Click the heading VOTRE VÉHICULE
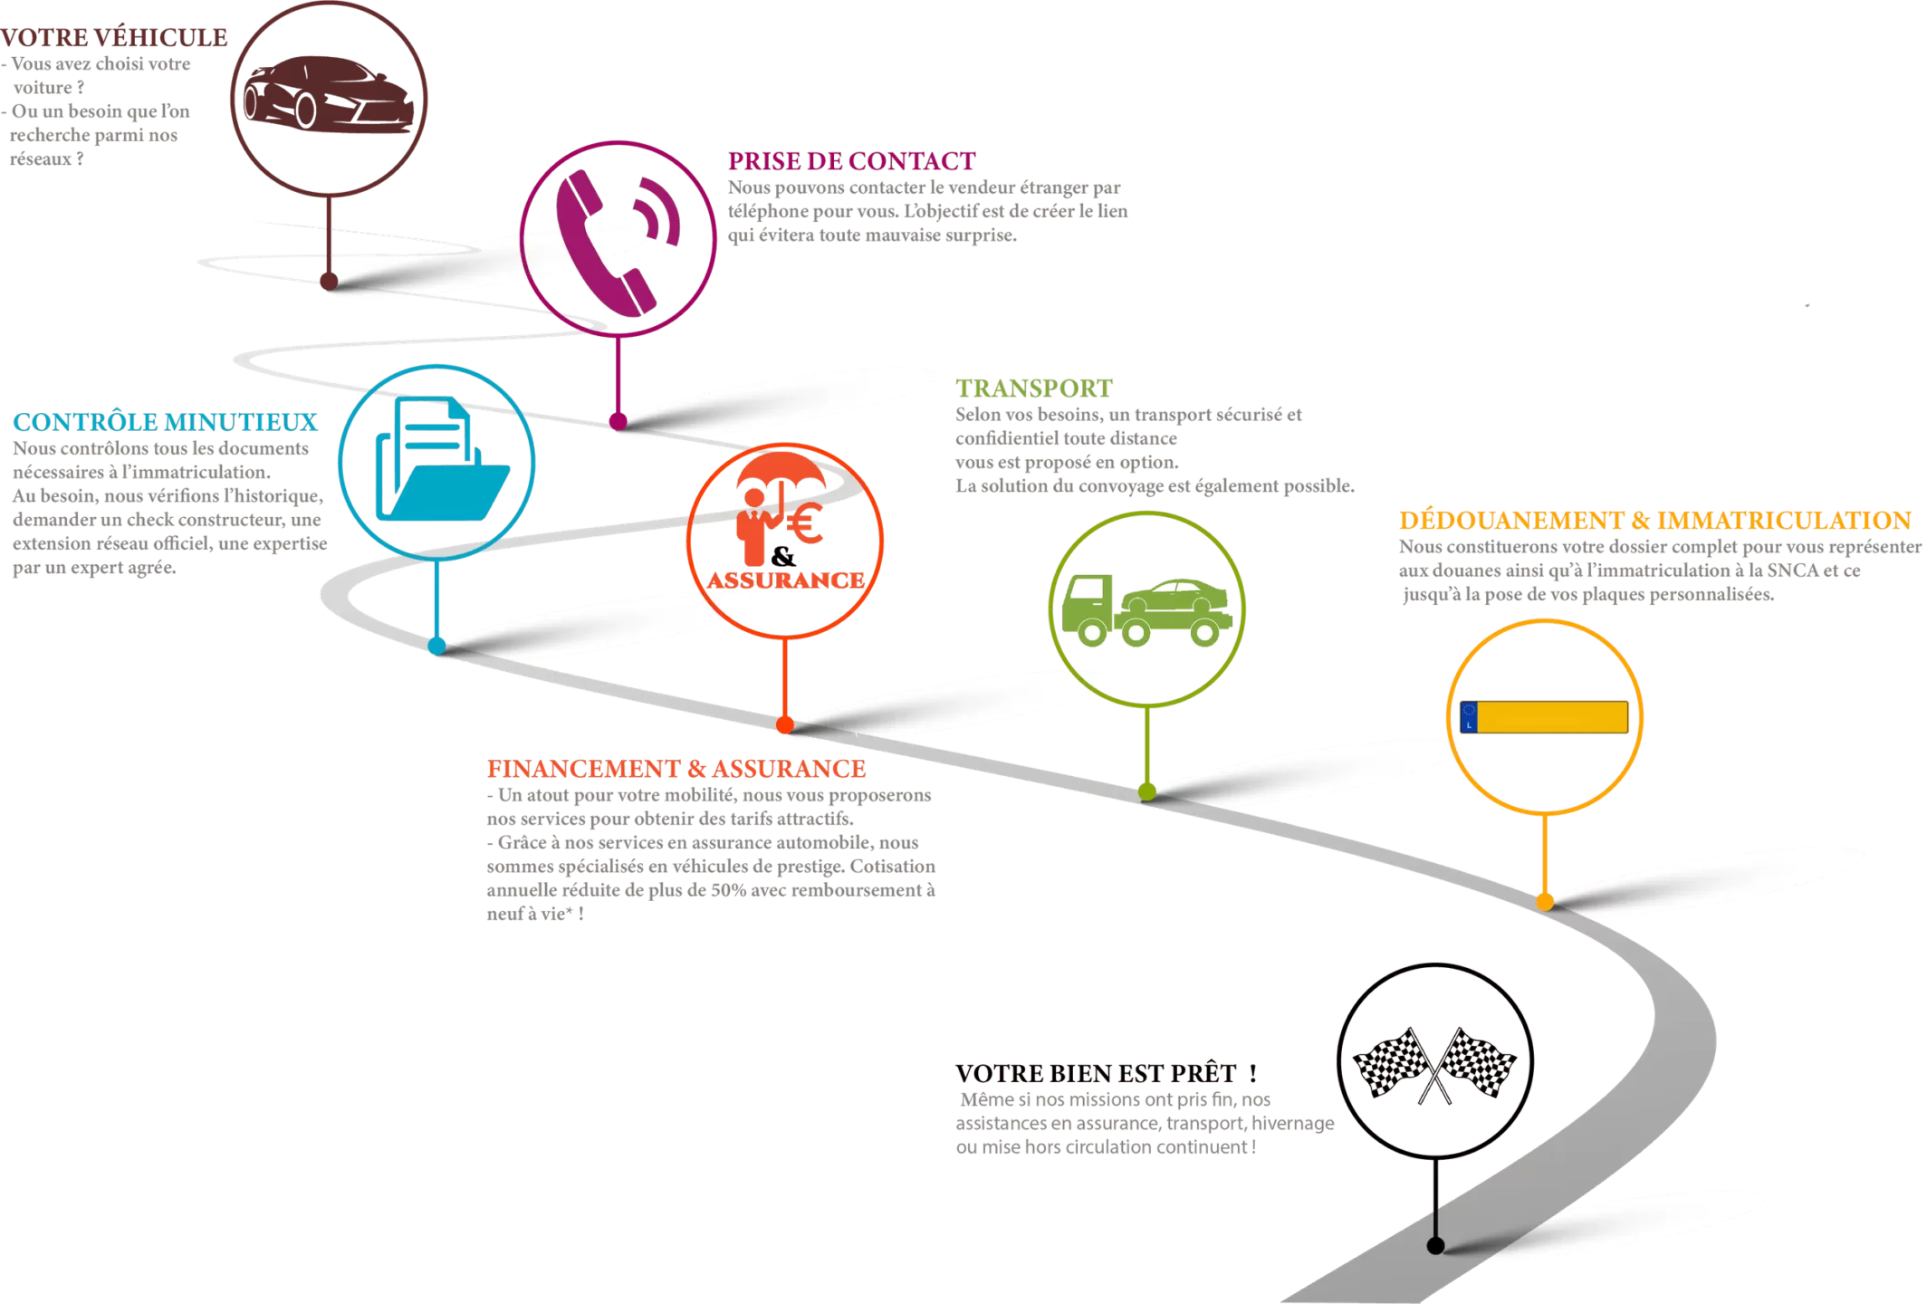[x=114, y=38]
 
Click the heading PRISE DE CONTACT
[x=852, y=161]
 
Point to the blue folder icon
[x=441, y=462]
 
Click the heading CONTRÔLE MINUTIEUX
[x=165, y=422]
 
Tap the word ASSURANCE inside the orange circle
[x=784, y=580]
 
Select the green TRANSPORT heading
[x=1033, y=388]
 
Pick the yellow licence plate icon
[x=1545, y=717]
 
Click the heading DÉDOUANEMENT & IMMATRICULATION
[x=1654, y=521]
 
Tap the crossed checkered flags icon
[x=1434, y=1062]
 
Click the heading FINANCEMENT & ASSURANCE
[x=676, y=769]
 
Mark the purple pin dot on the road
[x=618, y=420]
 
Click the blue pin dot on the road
[x=437, y=645]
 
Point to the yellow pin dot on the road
[x=1545, y=902]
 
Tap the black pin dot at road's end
[x=1435, y=1246]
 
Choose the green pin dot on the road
[x=1147, y=791]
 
